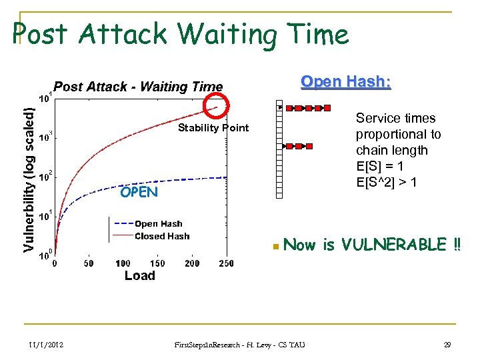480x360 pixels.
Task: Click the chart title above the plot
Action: click(x=138, y=87)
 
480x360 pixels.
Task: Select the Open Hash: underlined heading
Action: click(x=345, y=82)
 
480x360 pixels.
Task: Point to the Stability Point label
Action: click(x=213, y=128)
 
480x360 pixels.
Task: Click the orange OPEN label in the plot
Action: click(x=139, y=193)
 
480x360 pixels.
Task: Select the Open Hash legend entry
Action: click(x=158, y=224)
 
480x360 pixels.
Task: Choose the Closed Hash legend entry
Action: click(x=162, y=236)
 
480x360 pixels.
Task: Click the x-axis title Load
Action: click(x=139, y=276)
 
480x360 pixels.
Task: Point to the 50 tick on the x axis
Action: click(x=89, y=263)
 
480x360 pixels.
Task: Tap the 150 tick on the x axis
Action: click(x=157, y=263)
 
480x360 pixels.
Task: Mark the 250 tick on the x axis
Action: click(x=226, y=263)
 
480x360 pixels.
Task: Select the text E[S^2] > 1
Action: click(x=387, y=182)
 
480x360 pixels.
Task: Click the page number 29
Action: click(x=447, y=344)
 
